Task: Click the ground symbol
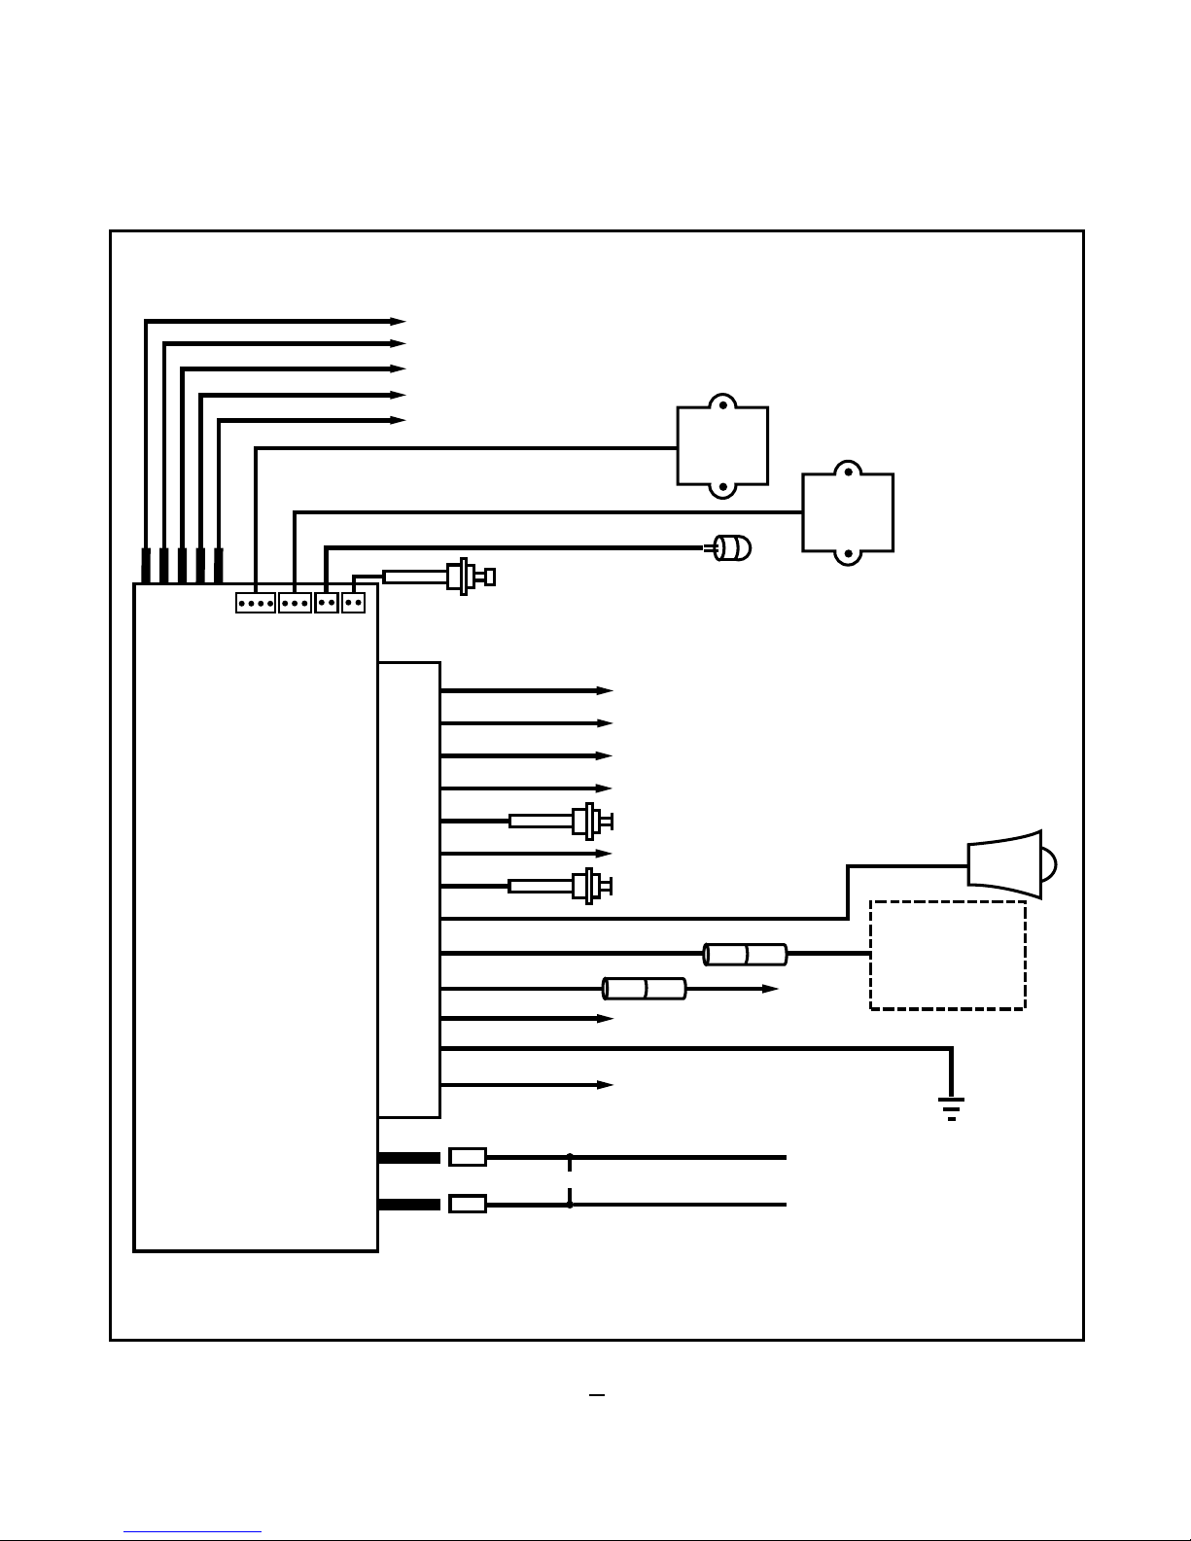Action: [951, 1108]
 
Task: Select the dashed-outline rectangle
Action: [947, 955]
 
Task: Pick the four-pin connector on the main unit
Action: [255, 603]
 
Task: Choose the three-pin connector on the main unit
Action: [295, 603]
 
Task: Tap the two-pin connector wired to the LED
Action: [327, 603]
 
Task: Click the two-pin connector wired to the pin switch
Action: [353, 603]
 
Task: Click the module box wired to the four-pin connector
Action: [722, 446]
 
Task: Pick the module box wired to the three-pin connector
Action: [848, 512]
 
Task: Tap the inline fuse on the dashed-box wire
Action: [745, 954]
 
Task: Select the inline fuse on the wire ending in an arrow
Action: [645, 989]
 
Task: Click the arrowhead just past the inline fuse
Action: [770, 989]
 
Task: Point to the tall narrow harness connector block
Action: [409, 890]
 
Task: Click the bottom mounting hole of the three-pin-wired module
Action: [848, 554]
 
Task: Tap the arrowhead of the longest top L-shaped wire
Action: [398, 321]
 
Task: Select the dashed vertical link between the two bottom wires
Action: [570, 1181]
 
